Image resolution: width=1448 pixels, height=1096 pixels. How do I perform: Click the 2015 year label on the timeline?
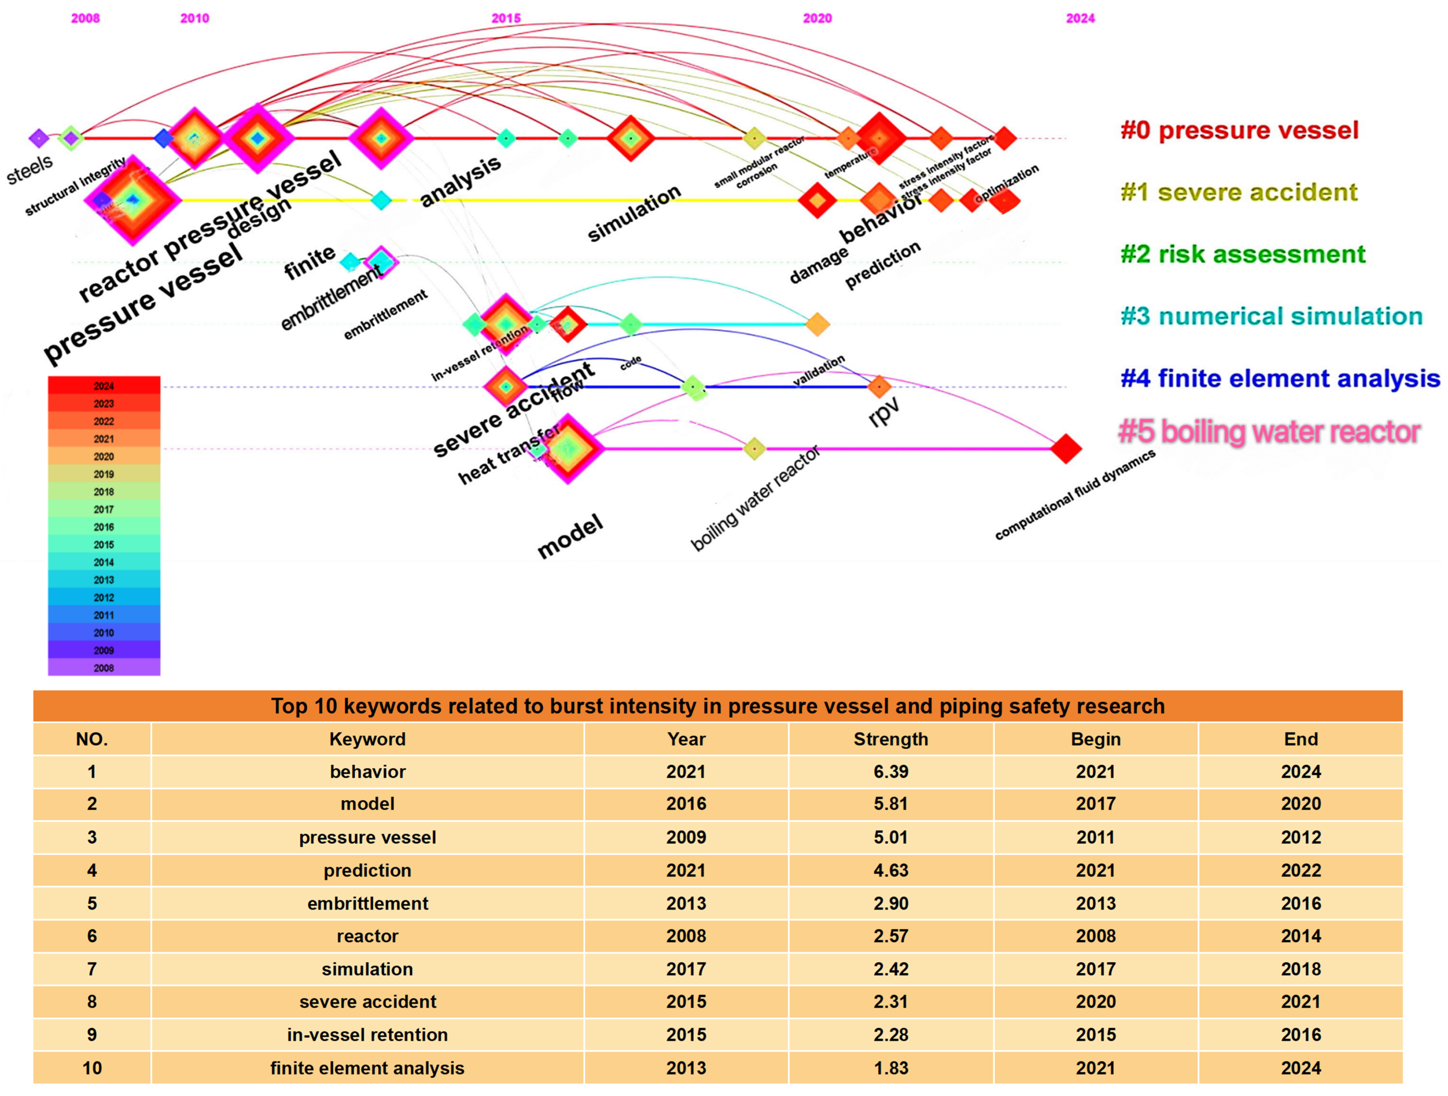pos(506,18)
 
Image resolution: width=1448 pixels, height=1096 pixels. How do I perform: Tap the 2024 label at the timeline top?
pos(1080,18)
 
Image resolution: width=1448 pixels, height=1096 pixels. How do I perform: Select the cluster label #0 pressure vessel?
pos(1239,130)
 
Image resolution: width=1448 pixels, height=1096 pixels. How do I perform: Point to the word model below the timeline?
pos(569,537)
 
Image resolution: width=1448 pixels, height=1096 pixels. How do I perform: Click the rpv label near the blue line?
pos(884,412)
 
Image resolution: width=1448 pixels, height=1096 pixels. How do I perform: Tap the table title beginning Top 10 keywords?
pos(717,706)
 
